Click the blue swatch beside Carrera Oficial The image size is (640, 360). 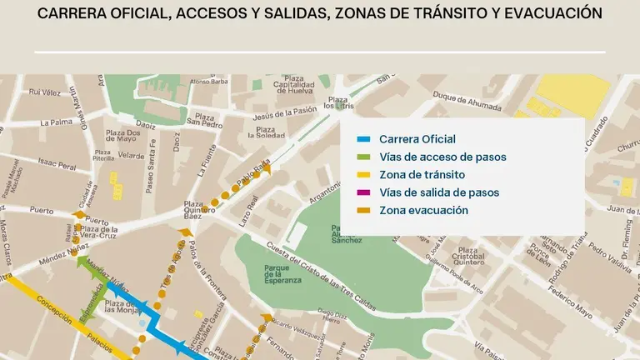pyautogui.click(x=362, y=139)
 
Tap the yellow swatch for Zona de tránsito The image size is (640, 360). pyautogui.click(x=362, y=175)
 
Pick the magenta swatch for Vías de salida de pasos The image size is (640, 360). pyautogui.click(x=362, y=192)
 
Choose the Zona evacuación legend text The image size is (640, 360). pyautogui.click(x=423, y=211)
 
